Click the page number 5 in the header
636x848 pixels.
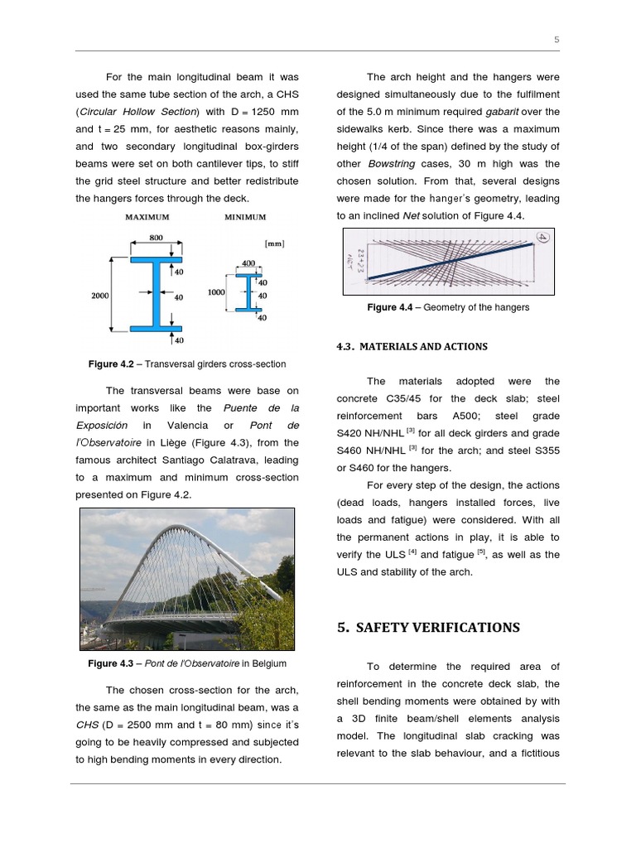[x=557, y=40]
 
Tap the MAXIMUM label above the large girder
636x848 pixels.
[x=147, y=217]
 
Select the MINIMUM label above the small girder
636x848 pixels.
[x=245, y=217]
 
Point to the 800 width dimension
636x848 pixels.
[x=155, y=237]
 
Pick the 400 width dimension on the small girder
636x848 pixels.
[x=248, y=263]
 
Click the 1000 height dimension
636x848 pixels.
[x=217, y=292]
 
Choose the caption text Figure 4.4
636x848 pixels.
[x=394, y=307]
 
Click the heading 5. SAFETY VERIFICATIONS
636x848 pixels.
[x=428, y=627]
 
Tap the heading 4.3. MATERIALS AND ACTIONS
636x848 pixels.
[x=412, y=346]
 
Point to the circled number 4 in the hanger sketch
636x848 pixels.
[x=542, y=238]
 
